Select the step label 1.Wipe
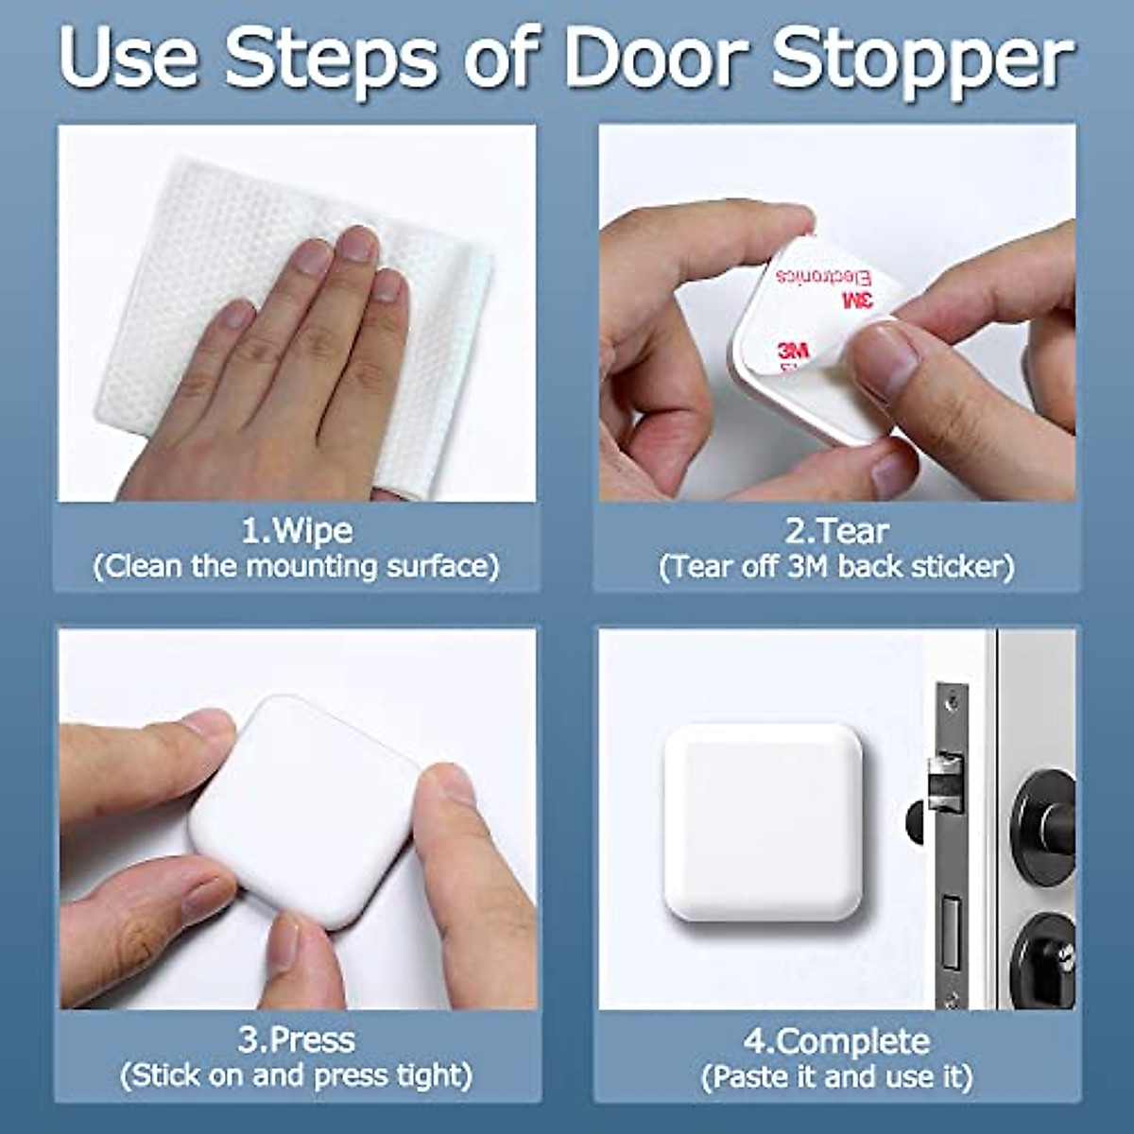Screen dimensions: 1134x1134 [x=297, y=530]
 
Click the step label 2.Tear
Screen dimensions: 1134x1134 [x=836, y=530]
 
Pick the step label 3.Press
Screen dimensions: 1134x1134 [x=297, y=1039]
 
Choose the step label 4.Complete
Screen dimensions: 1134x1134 [x=836, y=1041]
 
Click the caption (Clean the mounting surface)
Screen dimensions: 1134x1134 [x=297, y=566]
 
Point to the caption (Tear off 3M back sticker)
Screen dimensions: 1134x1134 [x=836, y=566]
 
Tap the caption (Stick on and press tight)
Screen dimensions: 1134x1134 [x=297, y=1075]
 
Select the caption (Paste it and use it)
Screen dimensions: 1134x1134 [x=836, y=1076]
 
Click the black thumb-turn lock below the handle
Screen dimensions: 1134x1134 [x=1044, y=959]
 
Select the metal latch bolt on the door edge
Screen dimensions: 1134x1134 [x=945, y=780]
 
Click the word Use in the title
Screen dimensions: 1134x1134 [x=128, y=59]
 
